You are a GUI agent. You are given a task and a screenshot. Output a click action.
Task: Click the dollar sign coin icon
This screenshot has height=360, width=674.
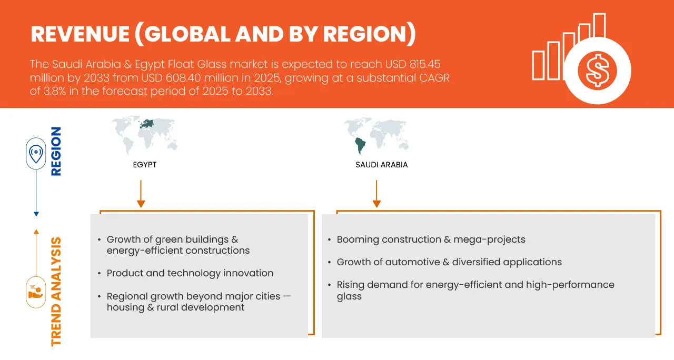[x=597, y=71]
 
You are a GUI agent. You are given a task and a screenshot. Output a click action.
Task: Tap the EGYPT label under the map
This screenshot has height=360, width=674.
[x=144, y=165]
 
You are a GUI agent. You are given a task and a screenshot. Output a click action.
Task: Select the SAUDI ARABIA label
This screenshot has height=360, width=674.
[x=381, y=165]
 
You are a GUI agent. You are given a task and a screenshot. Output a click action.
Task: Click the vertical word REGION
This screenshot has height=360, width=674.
[x=55, y=151]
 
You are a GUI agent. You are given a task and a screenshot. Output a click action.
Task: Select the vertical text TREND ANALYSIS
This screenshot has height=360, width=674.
[x=55, y=291]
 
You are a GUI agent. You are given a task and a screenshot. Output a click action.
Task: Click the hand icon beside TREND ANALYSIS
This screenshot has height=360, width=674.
[x=36, y=292]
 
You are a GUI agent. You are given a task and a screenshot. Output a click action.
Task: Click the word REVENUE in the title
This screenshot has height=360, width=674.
[x=79, y=34]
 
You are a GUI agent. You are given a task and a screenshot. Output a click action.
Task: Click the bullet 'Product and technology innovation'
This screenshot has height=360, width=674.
[x=190, y=273]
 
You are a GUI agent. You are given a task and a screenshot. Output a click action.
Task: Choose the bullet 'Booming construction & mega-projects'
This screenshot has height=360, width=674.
[x=431, y=239]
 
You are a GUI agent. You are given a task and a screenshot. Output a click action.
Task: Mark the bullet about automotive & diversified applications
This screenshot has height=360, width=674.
[x=449, y=262]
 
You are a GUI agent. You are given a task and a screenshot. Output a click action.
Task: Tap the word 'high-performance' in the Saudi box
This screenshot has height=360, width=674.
[x=574, y=285]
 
